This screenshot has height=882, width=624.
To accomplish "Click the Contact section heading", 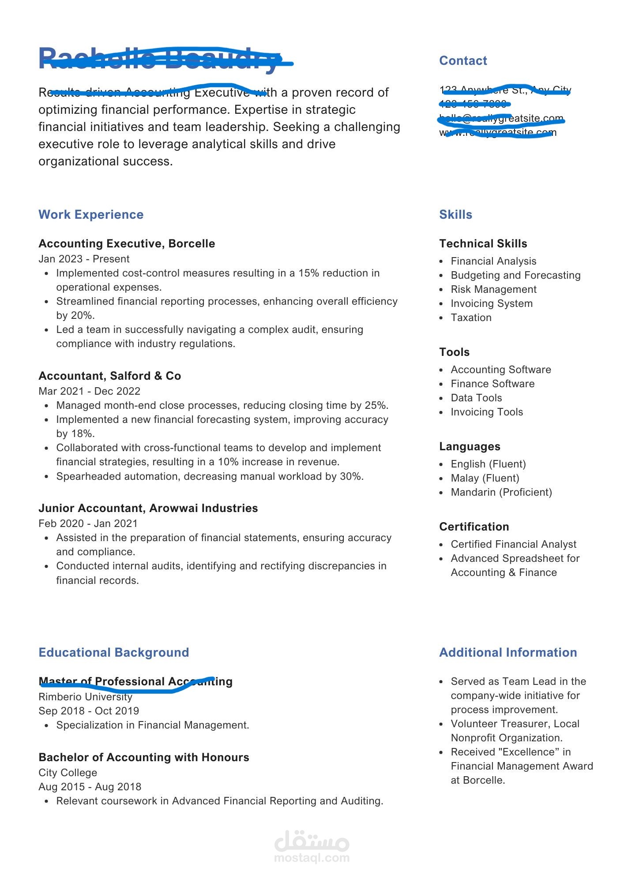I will (x=463, y=61).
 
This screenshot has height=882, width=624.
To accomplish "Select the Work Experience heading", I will (x=91, y=215).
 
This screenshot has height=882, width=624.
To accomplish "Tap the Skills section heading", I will (x=455, y=215).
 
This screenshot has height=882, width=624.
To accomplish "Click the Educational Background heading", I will (x=113, y=653).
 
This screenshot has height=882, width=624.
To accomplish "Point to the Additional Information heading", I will (x=508, y=653).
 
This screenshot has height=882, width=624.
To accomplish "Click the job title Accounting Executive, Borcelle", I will (x=127, y=244).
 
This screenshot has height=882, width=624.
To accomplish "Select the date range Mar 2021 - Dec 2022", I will (x=89, y=391).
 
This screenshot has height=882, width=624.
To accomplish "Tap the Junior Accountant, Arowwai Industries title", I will (x=148, y=508).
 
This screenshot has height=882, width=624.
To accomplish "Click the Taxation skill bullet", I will (x=471, y=318).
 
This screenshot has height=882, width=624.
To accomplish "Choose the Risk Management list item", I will (x=493, y=290).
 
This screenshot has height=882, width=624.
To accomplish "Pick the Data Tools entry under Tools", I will (x=476, y=398).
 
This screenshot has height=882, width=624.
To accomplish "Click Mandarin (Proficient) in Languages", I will (x=501, y=493).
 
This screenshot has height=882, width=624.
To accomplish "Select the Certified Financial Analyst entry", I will (x=513, y=545).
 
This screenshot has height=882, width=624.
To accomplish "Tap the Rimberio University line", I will (x=85, y=697).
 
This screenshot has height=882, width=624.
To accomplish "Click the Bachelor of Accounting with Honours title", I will (x=144, y=758).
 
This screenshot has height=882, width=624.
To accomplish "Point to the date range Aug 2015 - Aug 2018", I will (x=90, y=787).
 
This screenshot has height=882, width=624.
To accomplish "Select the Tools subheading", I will (x=454, y=352).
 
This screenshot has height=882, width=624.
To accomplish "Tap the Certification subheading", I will (x=474, y=527).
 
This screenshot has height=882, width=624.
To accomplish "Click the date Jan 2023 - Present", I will (x=84, y=259).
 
